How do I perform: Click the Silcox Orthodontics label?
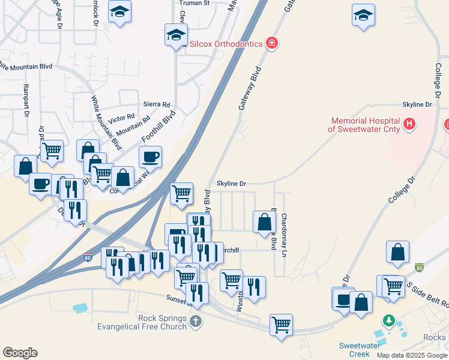pyautogui.click(x=226, y=44)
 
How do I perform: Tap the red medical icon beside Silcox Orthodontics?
pyautogui.click(x=272, y=43)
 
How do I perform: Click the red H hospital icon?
pyautogui.click(x=409, y=124)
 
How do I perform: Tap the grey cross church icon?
pyautogui.click(x=195, y=323)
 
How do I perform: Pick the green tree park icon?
pyautogui.click(x=390, y=320)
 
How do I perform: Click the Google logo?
pyautogui.click(x=20, y=353)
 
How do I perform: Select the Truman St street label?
pyautogui.click(x=194, y=3)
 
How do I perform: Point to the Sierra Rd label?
pyautogui.click(x=157, y=104)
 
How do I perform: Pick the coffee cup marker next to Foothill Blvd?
pyautogui.click(x=150, y=157)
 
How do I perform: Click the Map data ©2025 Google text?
pyautogui.click(x=411, y=355)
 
